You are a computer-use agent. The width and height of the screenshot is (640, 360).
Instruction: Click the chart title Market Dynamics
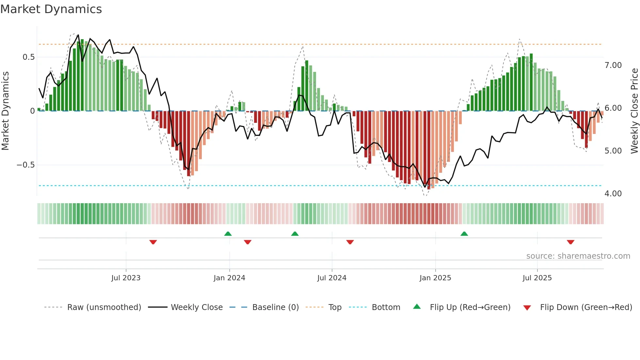click(x=51, y=9)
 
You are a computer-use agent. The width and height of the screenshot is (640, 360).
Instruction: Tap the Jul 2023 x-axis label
click(x=126, y=278)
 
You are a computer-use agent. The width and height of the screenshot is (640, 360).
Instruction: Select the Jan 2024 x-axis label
click(x=229, y=278)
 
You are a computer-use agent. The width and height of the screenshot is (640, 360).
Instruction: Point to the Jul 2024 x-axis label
click(x=332, y=278)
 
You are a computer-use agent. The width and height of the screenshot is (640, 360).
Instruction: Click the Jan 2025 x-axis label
click(x=435, y=278)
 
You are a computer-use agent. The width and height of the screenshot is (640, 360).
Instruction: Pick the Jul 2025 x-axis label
click(x=537, y=278)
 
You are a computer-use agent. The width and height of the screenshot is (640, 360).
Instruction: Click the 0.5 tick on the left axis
click(x=28, y=57)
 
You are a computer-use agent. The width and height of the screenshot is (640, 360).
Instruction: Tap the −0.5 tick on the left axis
click(x=25, y=165)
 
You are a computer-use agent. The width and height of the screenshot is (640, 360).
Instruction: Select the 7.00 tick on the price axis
click(x=613, y=65)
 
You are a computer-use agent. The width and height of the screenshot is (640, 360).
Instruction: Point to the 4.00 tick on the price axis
click(x=613, y=194)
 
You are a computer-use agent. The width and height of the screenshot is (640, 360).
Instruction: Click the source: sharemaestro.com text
click(x=578, y=256)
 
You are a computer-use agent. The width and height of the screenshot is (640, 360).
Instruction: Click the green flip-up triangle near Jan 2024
click(x=228, y=234)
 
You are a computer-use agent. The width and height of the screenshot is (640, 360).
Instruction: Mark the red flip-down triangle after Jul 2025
click(x=570, y=242)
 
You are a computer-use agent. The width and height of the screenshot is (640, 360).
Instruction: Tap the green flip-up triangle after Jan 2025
click(x=464, y=234)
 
